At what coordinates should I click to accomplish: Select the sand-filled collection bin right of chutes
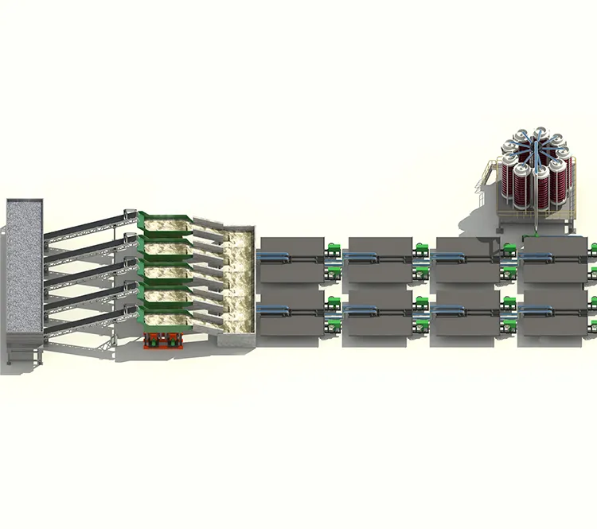click(239, 286)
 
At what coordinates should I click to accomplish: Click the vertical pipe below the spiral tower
click(536, 231)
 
